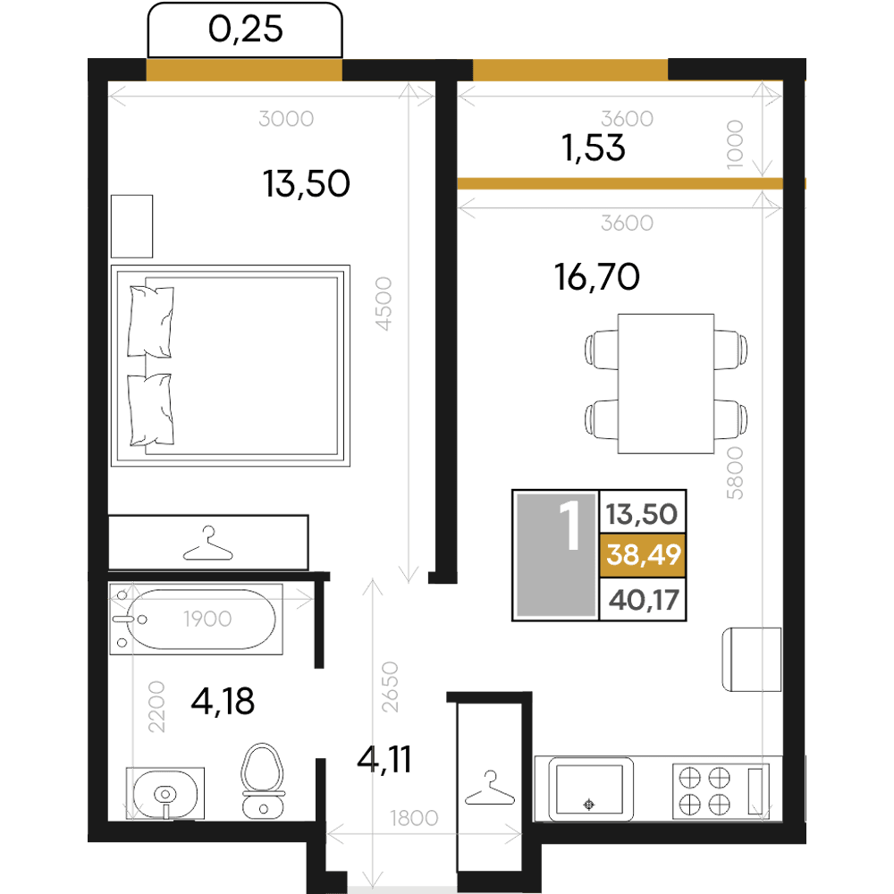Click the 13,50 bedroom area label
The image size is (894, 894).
pos(306,183)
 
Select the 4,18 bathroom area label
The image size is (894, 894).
pos(223,701)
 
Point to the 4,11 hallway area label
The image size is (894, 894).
pos(384,759)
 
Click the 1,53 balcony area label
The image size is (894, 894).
pos(594,148)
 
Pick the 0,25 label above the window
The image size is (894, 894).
pos(245,30)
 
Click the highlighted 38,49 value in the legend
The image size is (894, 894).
pos(643,554)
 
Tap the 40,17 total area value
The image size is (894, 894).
pos(644,600)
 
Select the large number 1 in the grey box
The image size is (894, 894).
pos(569,525)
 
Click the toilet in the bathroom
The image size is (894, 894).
pos(263,780)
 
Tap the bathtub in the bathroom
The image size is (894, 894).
pos(196,619)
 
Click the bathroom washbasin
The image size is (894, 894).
pos(165,794)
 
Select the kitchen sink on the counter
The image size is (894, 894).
pos(590,789)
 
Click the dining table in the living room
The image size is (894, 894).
pos(665,384)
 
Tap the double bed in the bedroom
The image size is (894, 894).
pos(231,366)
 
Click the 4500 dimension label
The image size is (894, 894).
pos(384,304)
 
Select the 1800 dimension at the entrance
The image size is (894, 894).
pos(414,818)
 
